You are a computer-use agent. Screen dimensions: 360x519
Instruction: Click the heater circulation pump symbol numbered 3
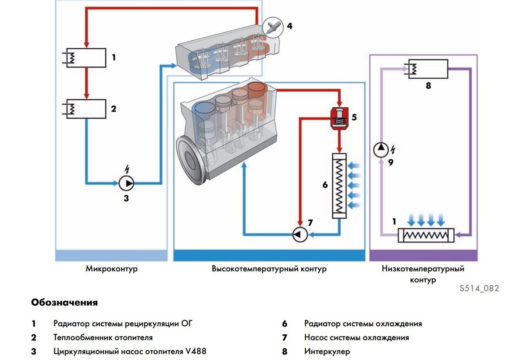point(126,183)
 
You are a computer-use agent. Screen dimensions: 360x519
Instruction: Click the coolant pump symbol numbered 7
point(299,235)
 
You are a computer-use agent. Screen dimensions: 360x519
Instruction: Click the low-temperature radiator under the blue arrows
point(426,235)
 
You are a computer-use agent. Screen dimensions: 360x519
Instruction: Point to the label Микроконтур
point(111,269)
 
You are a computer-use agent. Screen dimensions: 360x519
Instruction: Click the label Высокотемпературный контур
point(269,269)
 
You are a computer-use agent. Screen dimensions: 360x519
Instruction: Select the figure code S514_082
point(479,288)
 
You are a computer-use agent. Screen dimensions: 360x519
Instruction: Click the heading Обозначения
point(64,302)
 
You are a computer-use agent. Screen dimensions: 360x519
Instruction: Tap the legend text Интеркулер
point(327,351)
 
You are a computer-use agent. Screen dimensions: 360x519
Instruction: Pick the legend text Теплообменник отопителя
point(103,337)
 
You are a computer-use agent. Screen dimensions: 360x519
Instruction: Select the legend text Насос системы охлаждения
point(356,337)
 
